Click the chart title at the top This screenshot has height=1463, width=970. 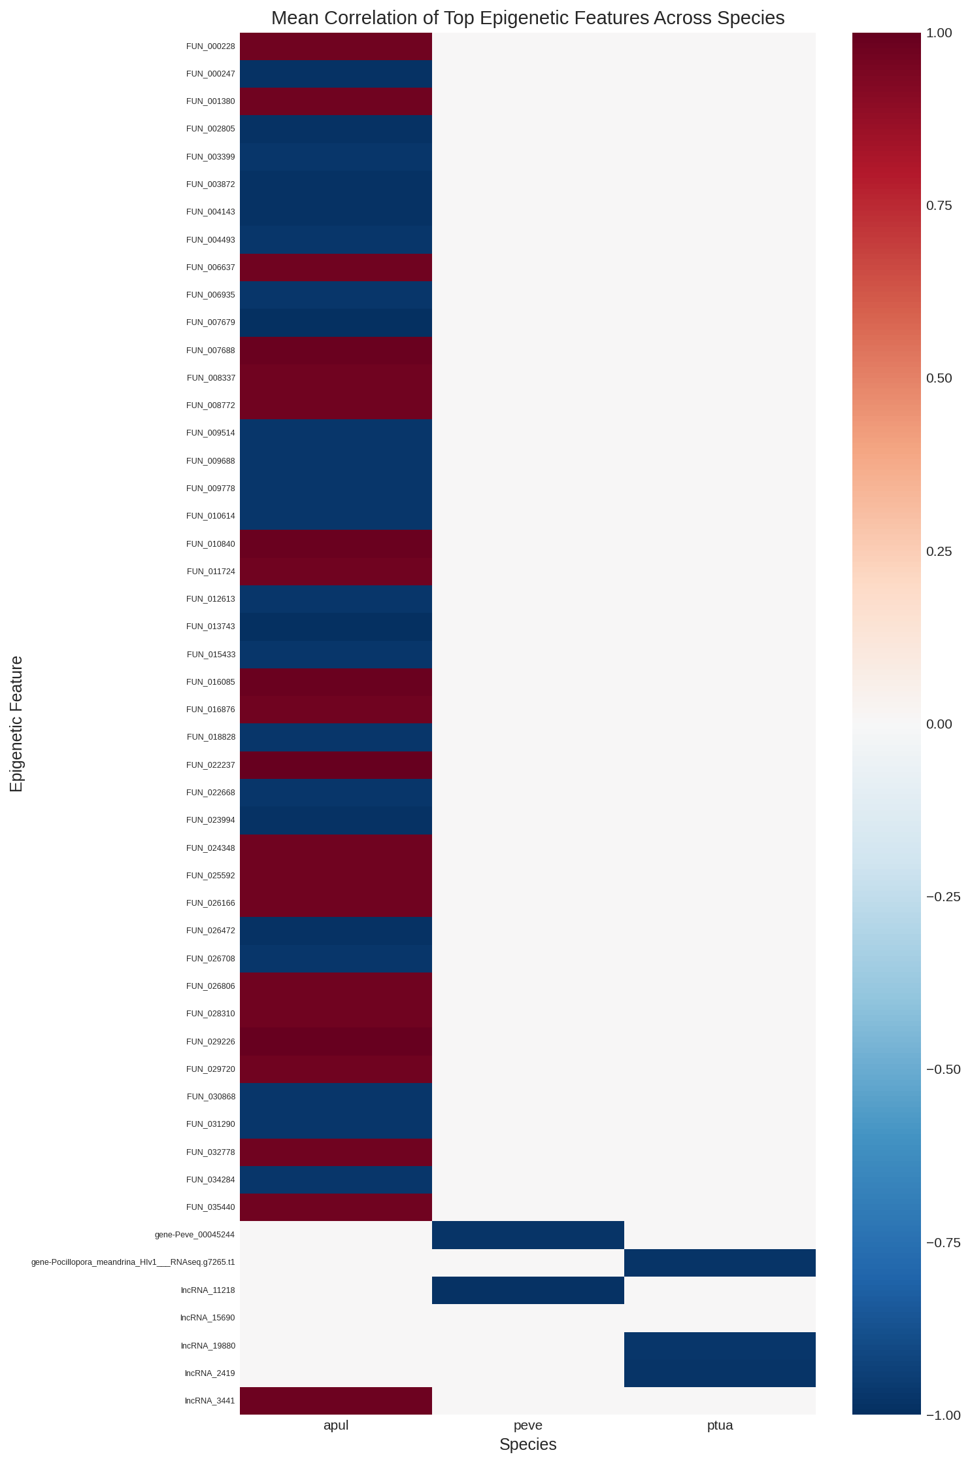coord(527,18)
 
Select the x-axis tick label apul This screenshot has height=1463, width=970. coord(336,1425)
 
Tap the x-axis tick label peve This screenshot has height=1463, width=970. coord(527,1425)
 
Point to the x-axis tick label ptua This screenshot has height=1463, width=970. coord(720,1425)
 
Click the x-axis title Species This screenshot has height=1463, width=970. coord(527,1445)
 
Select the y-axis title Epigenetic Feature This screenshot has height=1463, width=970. coord(16,723)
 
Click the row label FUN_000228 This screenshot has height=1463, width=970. coord(210,46)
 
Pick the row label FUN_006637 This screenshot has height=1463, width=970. coord(210,267)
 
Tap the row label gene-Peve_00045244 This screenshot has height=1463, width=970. coord(195,1235)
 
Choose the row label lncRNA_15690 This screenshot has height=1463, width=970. coord(208,1318)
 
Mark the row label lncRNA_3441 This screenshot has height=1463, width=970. coord(210,1401)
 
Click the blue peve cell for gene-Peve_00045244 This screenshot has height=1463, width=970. coord(527,1235)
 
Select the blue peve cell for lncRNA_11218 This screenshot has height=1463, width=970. coord(527,1290)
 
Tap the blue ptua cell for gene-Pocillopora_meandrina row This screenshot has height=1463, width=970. coord(720,1262)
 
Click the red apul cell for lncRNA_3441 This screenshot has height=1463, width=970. coord(336,1401)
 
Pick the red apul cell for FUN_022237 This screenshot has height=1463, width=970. coord(336,765)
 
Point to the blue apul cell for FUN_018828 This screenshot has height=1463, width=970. coord(336,737)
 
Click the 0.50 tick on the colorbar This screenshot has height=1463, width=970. coord(939,378)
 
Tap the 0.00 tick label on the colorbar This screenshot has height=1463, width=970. coord(939,724)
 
